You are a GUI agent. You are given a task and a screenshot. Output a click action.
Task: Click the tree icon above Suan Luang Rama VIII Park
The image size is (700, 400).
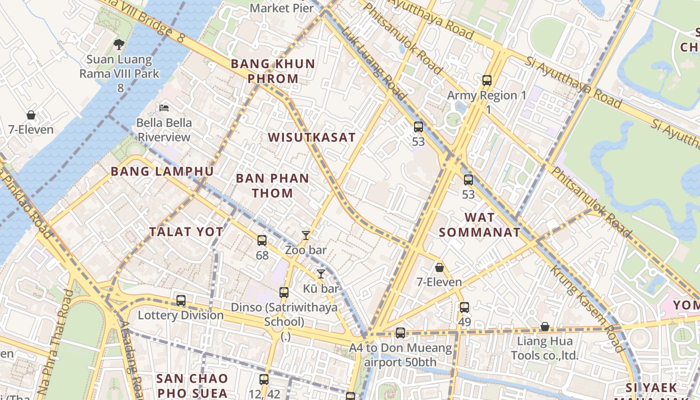coord(118,44)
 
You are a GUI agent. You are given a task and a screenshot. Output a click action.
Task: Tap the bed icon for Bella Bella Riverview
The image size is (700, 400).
coord(163,107)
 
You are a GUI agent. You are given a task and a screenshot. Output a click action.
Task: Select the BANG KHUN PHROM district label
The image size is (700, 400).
coord(273,71)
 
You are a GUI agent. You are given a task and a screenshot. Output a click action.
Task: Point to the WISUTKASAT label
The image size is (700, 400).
coord(312,137)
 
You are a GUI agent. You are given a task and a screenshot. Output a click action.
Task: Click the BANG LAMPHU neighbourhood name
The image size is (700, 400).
coord(162,171)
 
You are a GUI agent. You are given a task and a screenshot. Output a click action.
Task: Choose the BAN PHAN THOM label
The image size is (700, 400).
coord(272,185)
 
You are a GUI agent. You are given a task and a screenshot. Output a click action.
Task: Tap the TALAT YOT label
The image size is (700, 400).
coord(186,231)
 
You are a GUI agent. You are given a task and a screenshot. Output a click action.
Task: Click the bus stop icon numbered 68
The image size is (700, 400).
coord(262,240)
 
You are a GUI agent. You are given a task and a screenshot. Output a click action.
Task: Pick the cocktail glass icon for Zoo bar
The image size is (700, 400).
coord(306,235)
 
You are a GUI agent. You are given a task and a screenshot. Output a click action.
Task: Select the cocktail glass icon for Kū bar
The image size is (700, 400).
coord(321,273)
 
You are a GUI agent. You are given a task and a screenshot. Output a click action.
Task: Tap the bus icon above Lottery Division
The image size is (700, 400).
coord(181,300)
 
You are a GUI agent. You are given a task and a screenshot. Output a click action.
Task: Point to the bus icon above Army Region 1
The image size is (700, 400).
coord(487,80)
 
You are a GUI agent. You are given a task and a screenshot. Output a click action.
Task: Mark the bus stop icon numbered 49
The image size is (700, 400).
coord(464,307)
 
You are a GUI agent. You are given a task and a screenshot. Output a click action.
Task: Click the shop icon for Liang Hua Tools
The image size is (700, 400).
coord(545,327)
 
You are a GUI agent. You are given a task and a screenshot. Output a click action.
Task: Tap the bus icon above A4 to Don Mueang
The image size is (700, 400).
coord(400,332)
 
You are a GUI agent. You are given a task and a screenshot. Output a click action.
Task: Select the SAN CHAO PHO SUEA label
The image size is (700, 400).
coord(192,385)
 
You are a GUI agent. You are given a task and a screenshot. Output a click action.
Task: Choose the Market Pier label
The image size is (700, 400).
coord(282,8)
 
